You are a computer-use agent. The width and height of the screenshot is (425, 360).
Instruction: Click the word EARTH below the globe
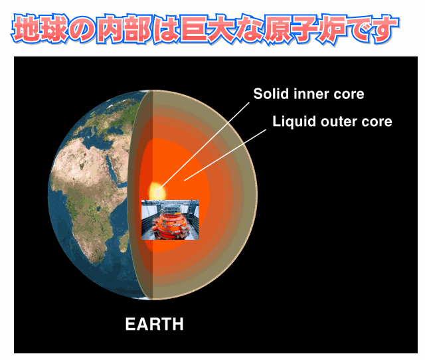pyautogui.click(x=154, y=324)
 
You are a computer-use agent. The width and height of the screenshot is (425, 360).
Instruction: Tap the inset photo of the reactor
pyautogui.click(x=170, y=220)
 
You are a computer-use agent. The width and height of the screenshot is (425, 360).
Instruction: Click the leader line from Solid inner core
pyautogui.click(x=204, y=146)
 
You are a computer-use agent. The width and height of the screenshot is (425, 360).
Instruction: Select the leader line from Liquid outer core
pyautogui.click(x=225, y=155)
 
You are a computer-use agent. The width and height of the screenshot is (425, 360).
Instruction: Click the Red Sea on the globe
pyautogui.click(x=111, y=167)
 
